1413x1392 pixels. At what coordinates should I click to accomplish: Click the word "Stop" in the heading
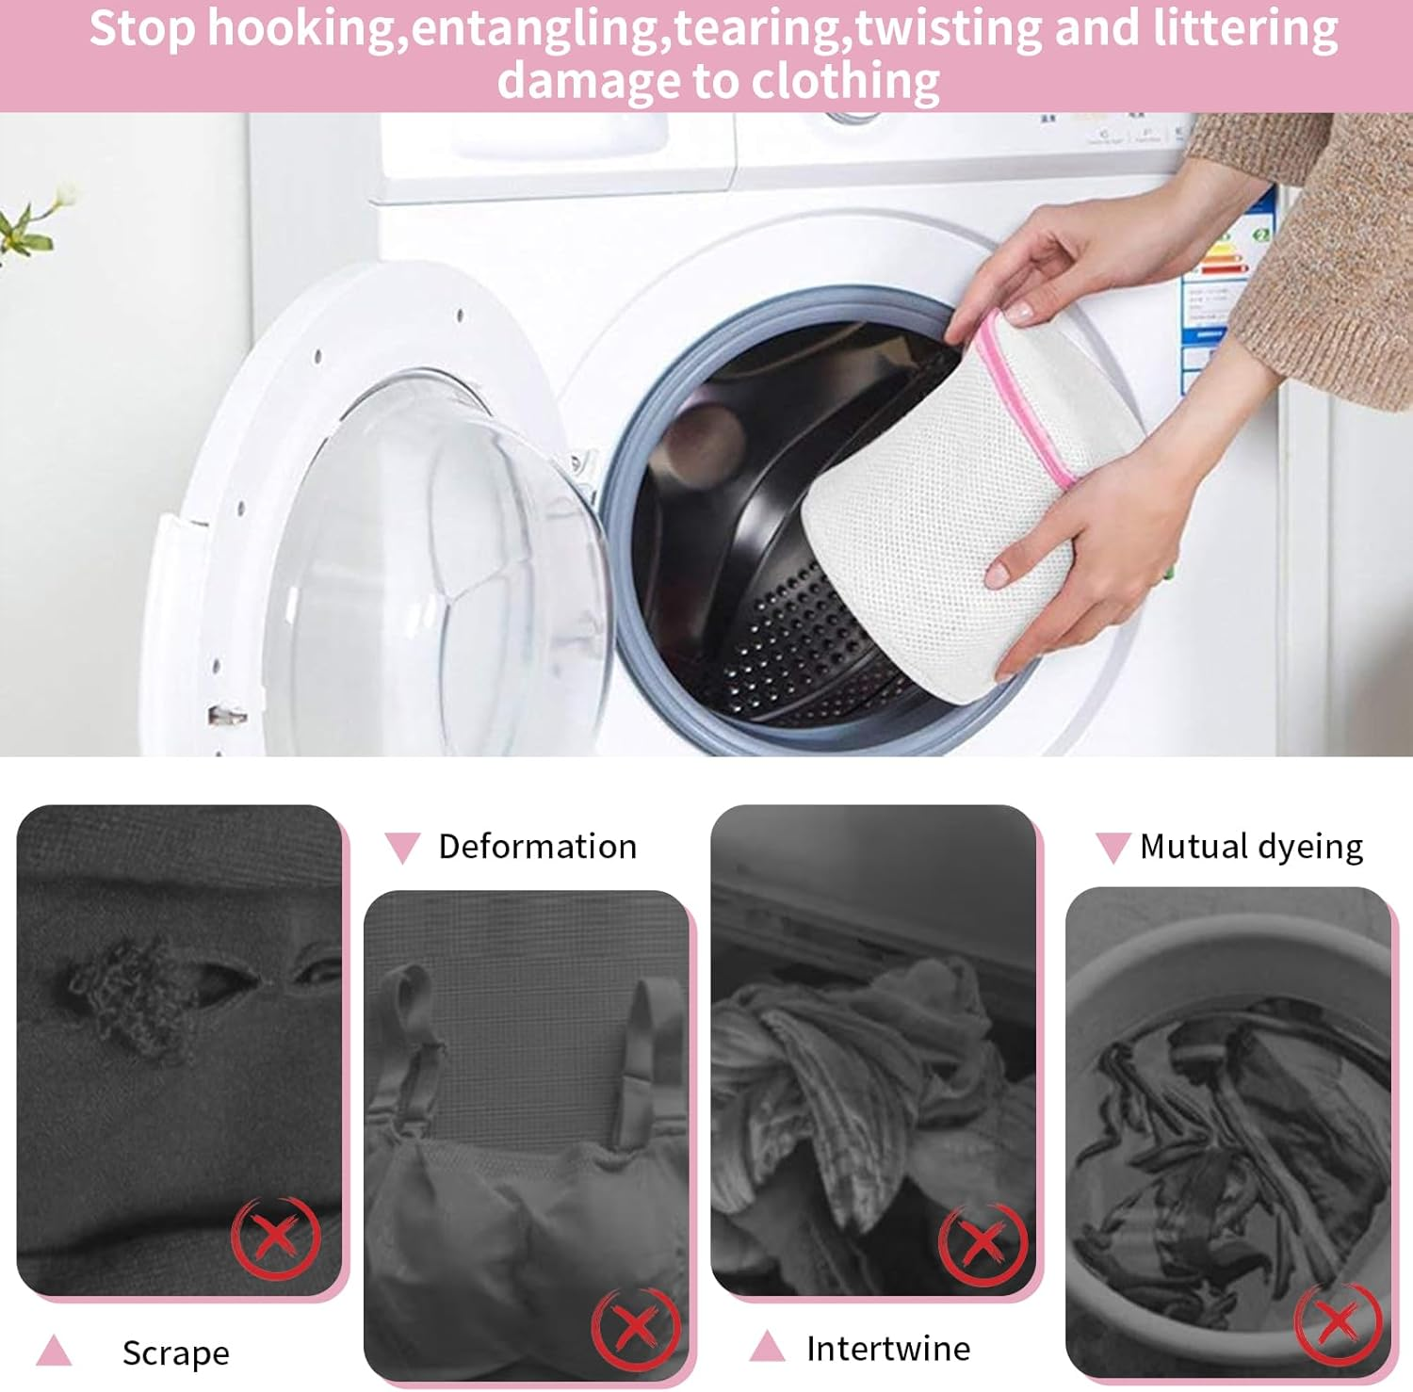click(x=142, y=28)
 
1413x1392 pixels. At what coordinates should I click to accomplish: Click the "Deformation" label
click(x=537, y=847)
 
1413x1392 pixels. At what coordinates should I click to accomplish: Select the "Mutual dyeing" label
click(x=1251, y=847)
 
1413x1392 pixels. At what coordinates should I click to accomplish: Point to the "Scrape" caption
click(x=175, y=1352)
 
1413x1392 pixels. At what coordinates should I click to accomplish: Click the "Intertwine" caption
click(x=887, y=1349)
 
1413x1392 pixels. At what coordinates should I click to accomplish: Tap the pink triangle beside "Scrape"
click(x=54, y=1351)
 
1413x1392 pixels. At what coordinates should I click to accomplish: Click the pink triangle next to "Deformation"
click(x=402, y=847)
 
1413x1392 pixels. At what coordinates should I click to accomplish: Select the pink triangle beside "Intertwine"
click(x=767, y=1347)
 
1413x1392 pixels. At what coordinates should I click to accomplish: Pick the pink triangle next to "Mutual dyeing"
click(x=1113, y=847)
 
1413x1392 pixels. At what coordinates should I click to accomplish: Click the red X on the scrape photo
click(x=276, y=1237)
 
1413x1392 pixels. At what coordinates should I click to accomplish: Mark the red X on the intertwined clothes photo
click(x=983, y=1243)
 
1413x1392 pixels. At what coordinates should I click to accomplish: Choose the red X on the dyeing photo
click(x=1338, y=1322)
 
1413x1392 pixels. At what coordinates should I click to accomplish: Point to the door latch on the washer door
click(x=227, y=716)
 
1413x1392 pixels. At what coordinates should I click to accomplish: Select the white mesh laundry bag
click(x=933, y=527)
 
